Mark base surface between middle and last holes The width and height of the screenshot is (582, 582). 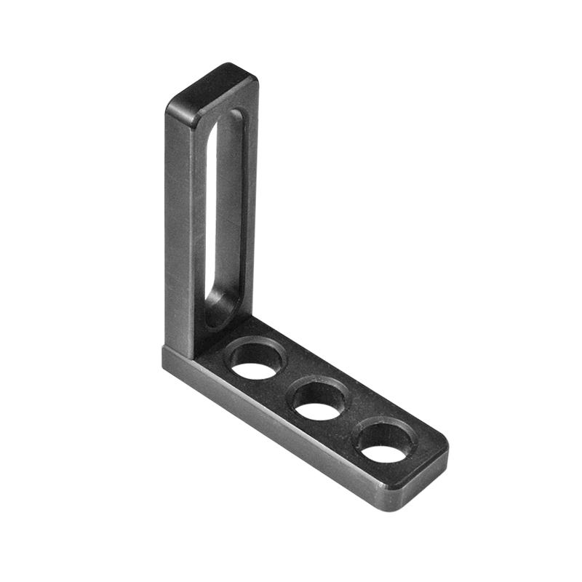(x=352, y=422)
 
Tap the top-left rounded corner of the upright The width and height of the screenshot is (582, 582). (x=175, y=109)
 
